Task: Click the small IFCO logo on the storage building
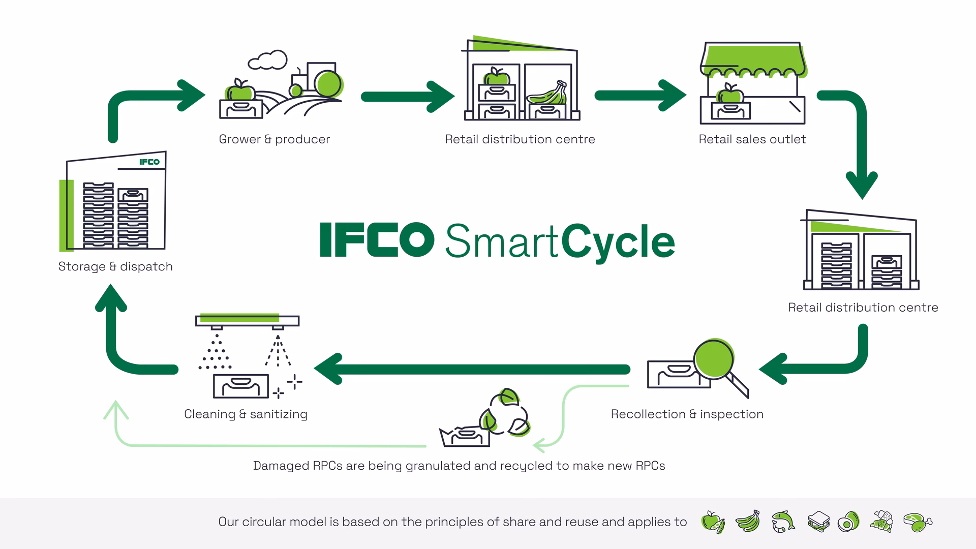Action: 149,162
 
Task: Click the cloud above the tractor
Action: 267,60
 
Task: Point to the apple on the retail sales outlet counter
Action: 730,94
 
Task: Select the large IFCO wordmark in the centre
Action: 377,239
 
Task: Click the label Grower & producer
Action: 274,139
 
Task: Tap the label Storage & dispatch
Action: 115,266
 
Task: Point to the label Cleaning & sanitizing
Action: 246,414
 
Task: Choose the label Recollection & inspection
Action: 687,414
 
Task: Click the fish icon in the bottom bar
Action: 783,522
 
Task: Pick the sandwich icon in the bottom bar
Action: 818,522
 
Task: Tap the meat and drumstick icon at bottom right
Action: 918,522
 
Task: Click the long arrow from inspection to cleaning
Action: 473,370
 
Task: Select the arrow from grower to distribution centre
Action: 407,96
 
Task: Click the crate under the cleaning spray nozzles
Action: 240,386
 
